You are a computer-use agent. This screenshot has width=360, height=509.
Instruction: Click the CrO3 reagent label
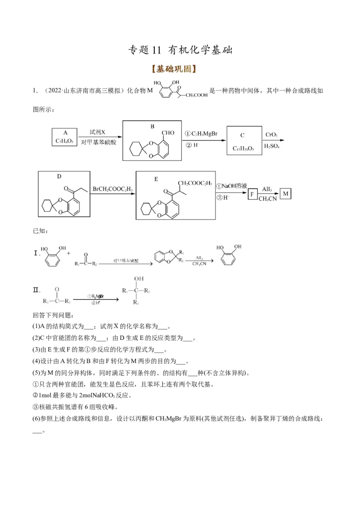coord(271,134)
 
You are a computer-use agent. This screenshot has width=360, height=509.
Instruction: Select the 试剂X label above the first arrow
coord(97,132)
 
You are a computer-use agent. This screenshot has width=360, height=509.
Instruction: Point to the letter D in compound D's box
coord(59,176)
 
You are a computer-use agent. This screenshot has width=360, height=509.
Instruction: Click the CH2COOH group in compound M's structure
coord(196,95)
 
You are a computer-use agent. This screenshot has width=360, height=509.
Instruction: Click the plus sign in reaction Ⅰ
coord(69,253)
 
